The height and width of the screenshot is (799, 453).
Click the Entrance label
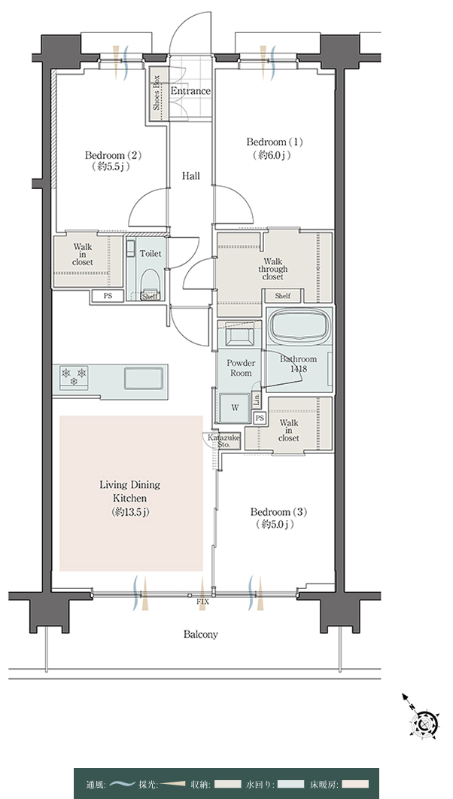190,91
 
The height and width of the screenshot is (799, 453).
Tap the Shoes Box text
157,93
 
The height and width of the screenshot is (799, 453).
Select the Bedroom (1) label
274,148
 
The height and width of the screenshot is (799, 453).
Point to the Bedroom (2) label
112,160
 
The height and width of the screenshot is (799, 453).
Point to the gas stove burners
74,376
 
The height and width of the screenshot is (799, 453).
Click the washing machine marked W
235,407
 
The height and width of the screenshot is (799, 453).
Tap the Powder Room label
241,368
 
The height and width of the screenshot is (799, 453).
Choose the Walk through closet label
273,270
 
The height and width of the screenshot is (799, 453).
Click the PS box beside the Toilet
108,295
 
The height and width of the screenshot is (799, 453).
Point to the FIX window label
202,602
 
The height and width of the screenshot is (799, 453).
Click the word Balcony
201,634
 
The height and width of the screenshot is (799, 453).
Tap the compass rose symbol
424,721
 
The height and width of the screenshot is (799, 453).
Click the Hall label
191,176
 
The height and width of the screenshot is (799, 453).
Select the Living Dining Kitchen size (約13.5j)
129,511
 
